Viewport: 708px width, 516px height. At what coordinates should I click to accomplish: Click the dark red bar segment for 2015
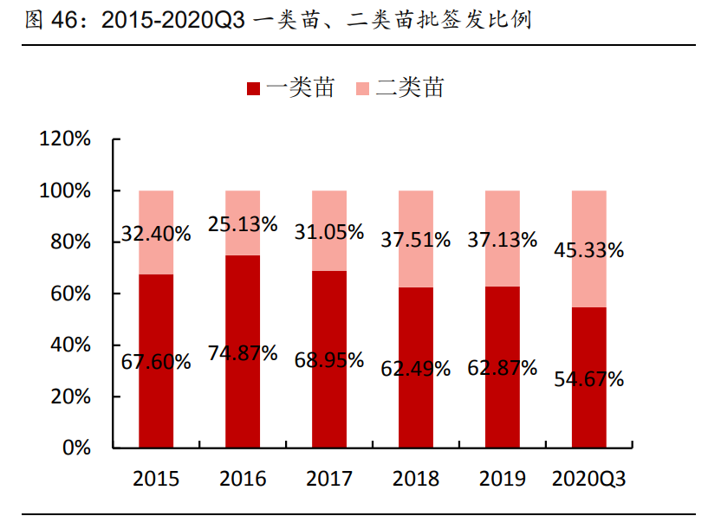tap(156, 407)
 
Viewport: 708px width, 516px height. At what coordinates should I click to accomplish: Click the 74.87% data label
tap(243, 353)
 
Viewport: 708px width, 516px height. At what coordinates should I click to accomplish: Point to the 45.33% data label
tap(589, 251)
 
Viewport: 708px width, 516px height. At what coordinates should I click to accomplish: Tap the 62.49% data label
tap(416, 369)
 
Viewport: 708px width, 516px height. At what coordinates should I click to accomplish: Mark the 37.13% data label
tap(503, 240)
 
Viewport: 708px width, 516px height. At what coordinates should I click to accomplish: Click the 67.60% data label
tap(156, 362)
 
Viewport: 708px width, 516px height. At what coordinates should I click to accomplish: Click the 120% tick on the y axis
tap(65, 139)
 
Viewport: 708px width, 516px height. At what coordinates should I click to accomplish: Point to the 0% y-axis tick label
tap(76, 448)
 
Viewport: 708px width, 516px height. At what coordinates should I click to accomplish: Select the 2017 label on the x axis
tap(329, 479)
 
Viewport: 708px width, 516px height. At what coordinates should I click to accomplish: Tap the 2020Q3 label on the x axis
tap(589, 479)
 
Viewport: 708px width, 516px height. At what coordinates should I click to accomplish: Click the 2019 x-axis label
tap(503, 479)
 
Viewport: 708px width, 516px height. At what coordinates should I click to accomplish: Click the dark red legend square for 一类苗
tap(254, 88)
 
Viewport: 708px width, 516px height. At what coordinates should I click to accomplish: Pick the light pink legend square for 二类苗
tap(364, 88)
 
